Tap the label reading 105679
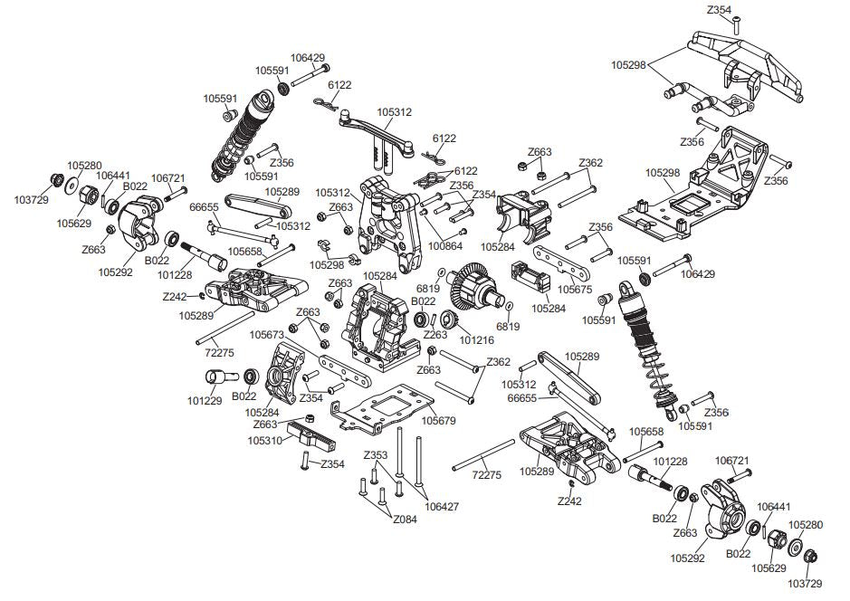coord(439,420)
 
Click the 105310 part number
coord(265,440)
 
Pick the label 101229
coord(205,400)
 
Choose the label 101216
coord(478,341)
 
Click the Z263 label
coord(435,334)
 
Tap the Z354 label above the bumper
coord(719,10)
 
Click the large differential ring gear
coord(473,283)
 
